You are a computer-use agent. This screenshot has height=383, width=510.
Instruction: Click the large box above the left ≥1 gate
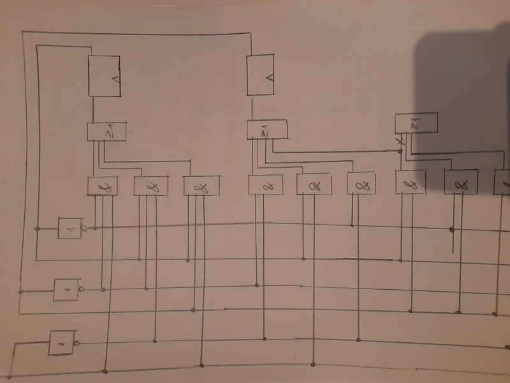click(x=104, y=76)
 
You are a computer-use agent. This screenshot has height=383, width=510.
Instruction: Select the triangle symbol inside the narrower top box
click(x=269, y=77)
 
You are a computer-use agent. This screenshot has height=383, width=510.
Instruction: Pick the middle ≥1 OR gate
click(x=267, y=130)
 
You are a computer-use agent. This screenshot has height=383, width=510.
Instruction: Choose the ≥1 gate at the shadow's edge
click(x=416, y=123)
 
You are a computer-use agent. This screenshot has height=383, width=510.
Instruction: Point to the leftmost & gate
click(x=103, y=186)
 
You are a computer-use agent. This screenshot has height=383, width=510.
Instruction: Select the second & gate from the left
click(x=150, y=186)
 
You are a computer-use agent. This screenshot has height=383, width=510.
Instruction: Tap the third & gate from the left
click(x=201, y=186)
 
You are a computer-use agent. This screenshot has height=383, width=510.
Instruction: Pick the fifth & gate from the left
click(x=313, y=184)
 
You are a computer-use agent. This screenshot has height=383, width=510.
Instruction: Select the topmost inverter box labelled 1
click(x=70, y=228)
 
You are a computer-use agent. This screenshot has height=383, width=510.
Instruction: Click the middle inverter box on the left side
click(x=66, y=290)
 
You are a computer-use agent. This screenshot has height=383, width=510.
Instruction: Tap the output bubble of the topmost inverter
click(x=84, y=228)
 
